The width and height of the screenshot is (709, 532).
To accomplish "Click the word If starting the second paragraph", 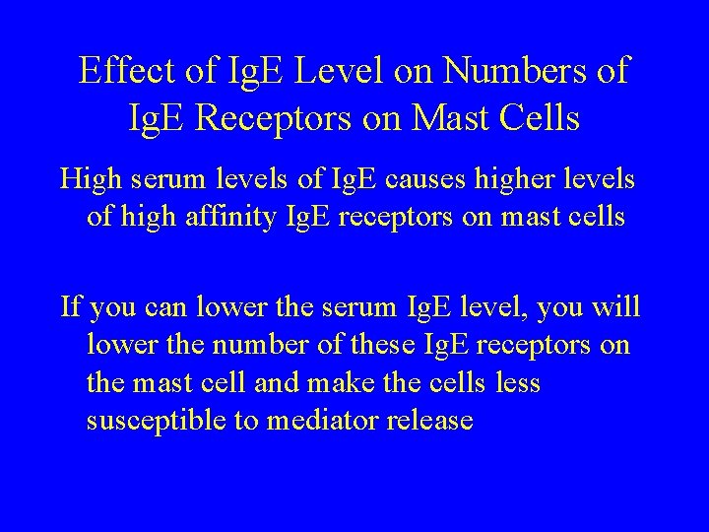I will point(71,307).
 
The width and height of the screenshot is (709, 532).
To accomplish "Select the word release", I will point(429,421).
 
